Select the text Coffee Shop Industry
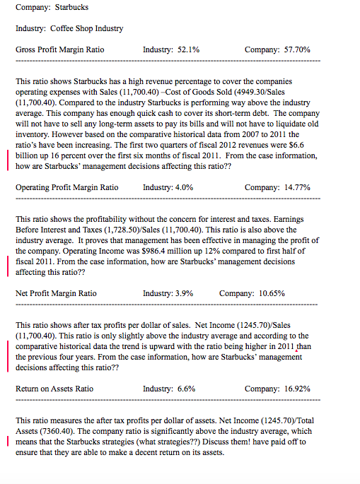[86, 28]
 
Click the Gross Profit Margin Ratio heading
[59, 50]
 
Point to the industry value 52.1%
[186, 50]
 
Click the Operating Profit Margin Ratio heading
[66, 187]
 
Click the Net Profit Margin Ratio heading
[56, 293]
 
